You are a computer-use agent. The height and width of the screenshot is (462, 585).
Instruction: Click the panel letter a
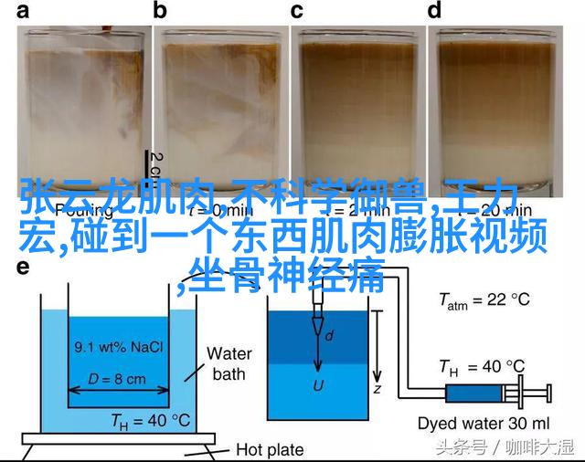[22, 12]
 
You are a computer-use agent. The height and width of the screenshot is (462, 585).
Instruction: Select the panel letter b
[161, 12]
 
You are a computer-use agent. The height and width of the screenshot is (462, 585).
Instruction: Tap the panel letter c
[297, 12]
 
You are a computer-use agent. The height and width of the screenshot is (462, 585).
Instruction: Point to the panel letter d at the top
[435, 12]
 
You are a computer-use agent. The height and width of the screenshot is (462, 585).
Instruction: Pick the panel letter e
[22, 267]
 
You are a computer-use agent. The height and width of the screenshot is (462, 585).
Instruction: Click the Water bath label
[229, 363]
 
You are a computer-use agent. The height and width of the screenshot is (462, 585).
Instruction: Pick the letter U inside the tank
[318, 360]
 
